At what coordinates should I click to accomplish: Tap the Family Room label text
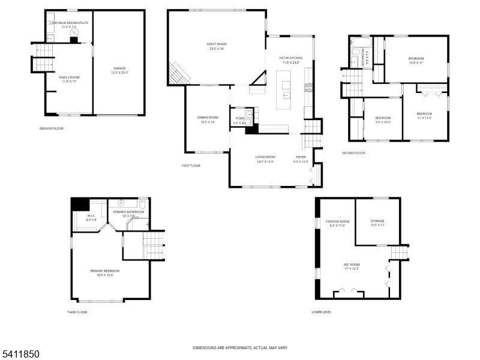tap(69, 77)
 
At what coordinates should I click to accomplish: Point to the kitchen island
tap(284, 90)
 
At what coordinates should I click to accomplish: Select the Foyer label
tap(301, 157)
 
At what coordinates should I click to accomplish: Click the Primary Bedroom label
tap(105, 271)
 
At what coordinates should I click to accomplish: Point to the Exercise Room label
tap(337, 221)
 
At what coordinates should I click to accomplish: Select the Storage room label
tap(377, 221)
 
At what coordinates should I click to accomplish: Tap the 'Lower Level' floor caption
tap(321, 312)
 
